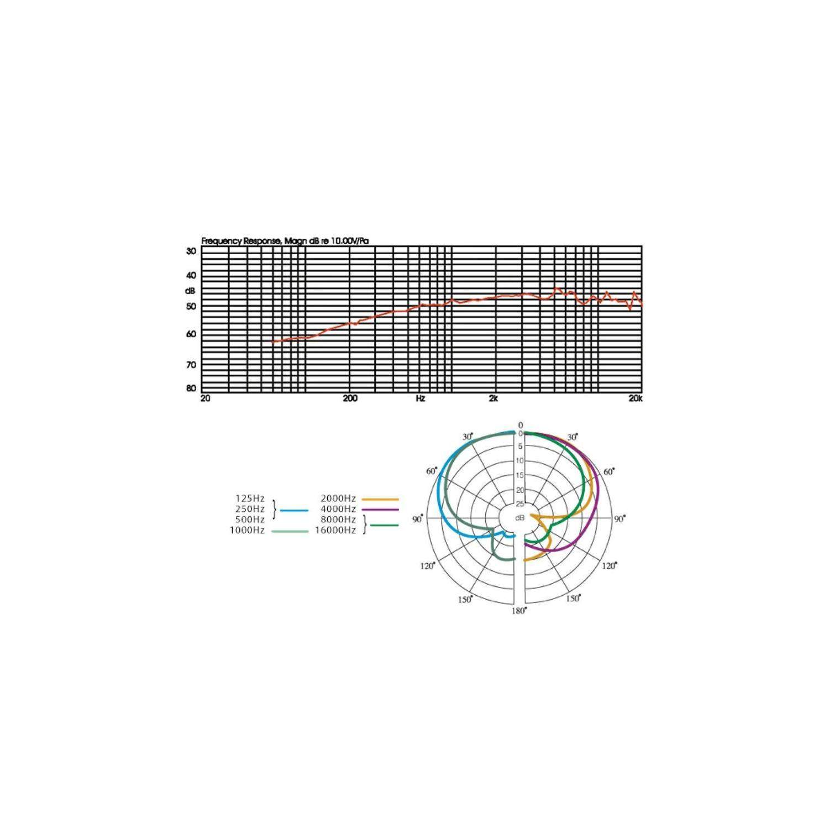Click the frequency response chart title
[285, 241]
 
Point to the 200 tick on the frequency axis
[350, 398]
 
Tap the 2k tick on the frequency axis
[494, 398]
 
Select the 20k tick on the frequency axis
[635, 398]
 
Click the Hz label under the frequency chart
[421, 398]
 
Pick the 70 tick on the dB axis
[191, 365]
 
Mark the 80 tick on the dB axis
[191, 389]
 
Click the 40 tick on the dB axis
[191, 275]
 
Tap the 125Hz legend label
[250, 499]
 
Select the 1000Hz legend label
[247, 531]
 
